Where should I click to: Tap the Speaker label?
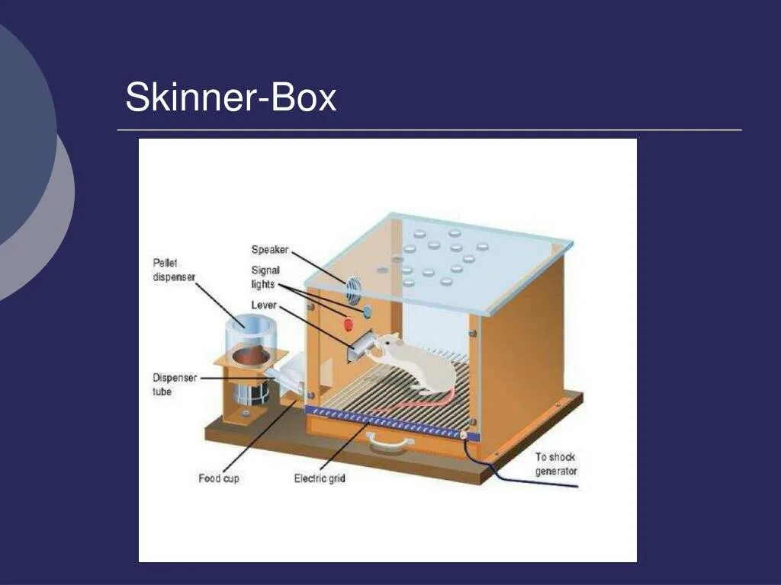tap(269, 250)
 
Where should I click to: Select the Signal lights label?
tap(265, 277)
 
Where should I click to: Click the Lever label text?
tap(263, 305)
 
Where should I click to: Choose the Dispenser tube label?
tap(174, 384)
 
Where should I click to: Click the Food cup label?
tap(219, 478)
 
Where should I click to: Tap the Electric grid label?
tap(320, 478)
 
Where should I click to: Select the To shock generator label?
tap(555, 464)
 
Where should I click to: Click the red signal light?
tap(349, 324)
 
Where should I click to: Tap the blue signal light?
tap(367, 311)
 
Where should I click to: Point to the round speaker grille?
tap(353, 289)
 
